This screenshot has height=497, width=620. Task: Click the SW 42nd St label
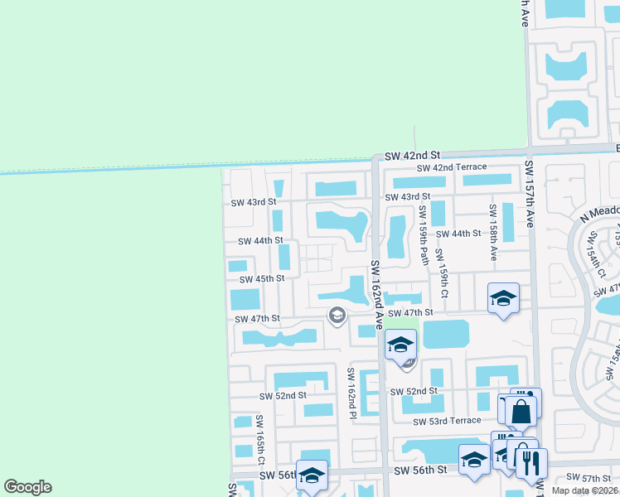click(x=411, y=155)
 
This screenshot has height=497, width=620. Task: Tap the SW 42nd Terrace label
click(x=452, y=167)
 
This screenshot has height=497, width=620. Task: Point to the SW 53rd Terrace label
click(x=448, y=421)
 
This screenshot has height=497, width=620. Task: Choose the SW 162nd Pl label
click(x=353, y=393)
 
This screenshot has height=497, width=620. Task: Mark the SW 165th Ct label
click(x=259, y=440)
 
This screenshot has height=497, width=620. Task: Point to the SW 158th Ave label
click(x=492, y=233)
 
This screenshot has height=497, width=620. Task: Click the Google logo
click(x=27, y=487)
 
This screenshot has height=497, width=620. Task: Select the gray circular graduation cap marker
click(x=337, y=315)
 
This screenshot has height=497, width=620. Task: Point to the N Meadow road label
click(x=599, y=215)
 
